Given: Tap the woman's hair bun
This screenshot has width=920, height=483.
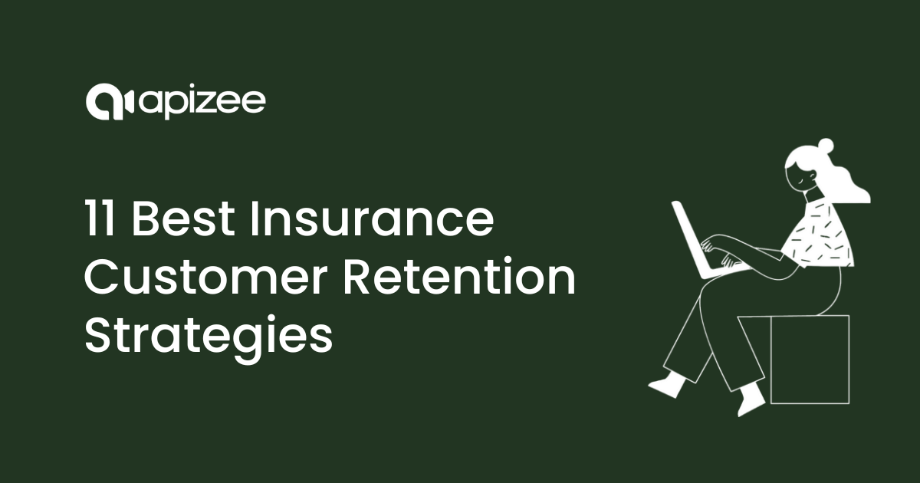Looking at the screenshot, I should (823, 146).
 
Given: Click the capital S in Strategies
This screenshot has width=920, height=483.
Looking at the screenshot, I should (97, 337).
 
